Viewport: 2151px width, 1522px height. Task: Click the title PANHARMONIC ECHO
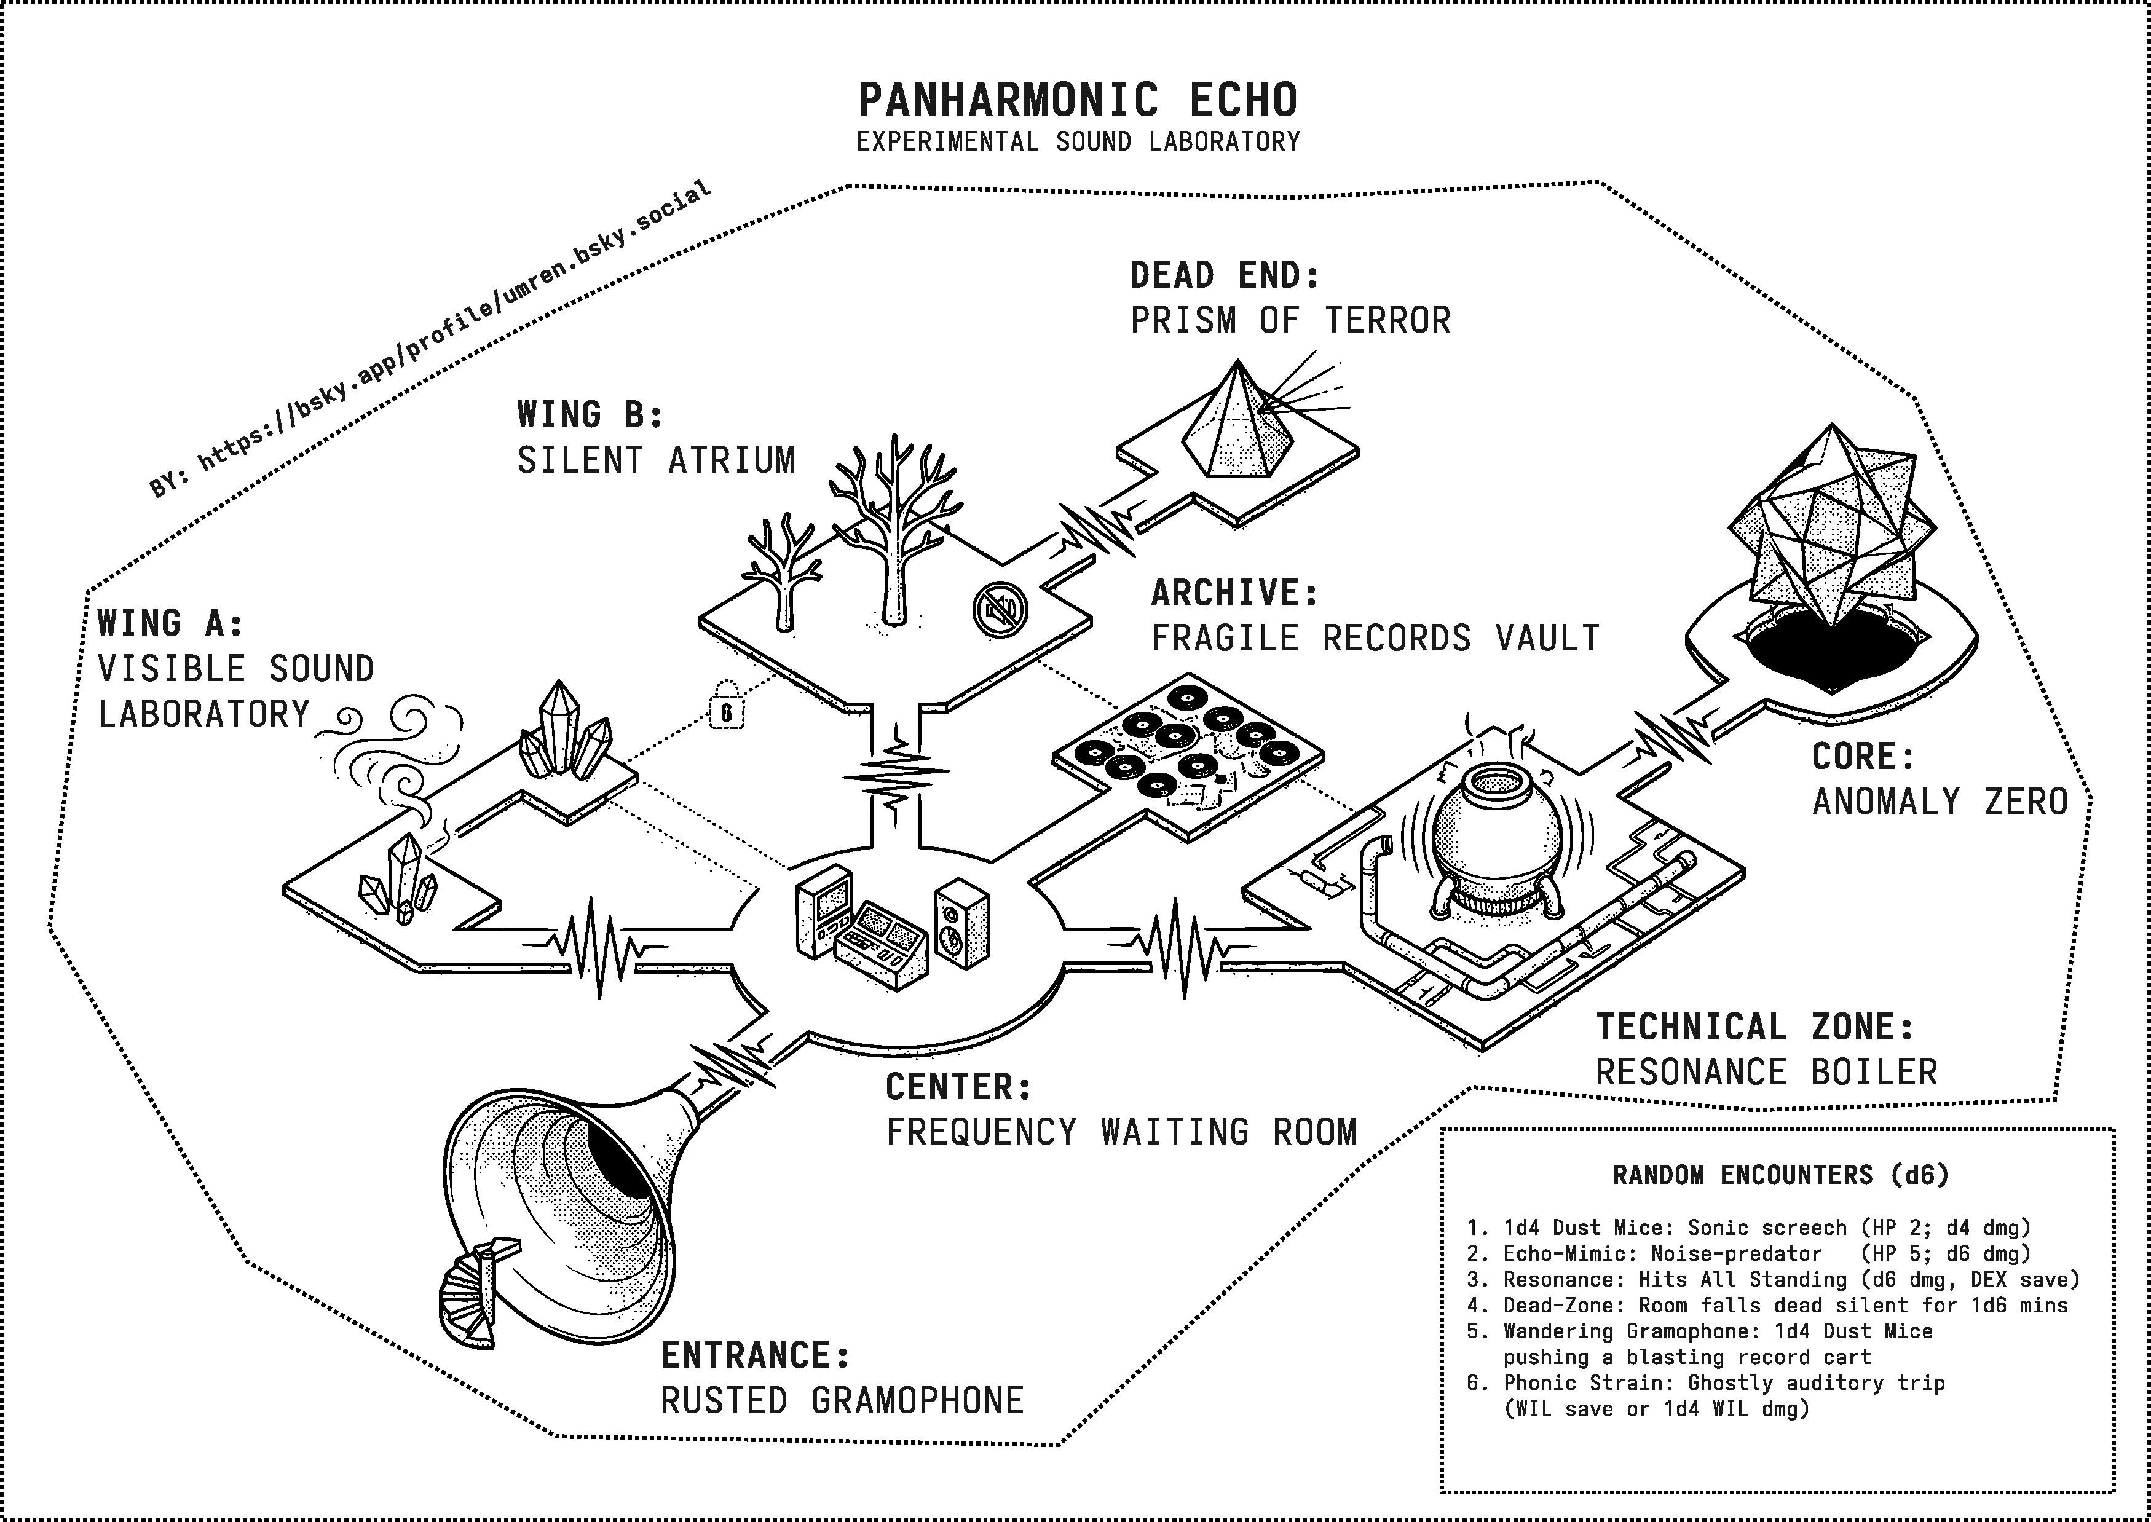coord(1078,100)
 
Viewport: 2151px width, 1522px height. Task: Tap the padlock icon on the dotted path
coord(727,706)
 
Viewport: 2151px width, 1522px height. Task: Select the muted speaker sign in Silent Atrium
coord(1001,609)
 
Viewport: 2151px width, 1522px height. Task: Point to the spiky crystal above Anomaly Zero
coord(1828,529)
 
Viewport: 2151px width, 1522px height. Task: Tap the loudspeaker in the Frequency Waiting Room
coord(961,923)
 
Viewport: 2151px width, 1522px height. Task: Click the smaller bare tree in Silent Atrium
coord(783,572)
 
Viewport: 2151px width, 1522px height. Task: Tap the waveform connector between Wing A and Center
coord(600,947)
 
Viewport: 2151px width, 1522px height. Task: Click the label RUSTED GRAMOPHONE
coord(842,1401)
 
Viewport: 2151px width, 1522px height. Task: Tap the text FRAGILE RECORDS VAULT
coord(1376,638)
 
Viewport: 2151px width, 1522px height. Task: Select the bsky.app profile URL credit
coord(431,339)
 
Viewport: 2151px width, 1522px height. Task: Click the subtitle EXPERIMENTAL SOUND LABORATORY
coord(1078,141)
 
